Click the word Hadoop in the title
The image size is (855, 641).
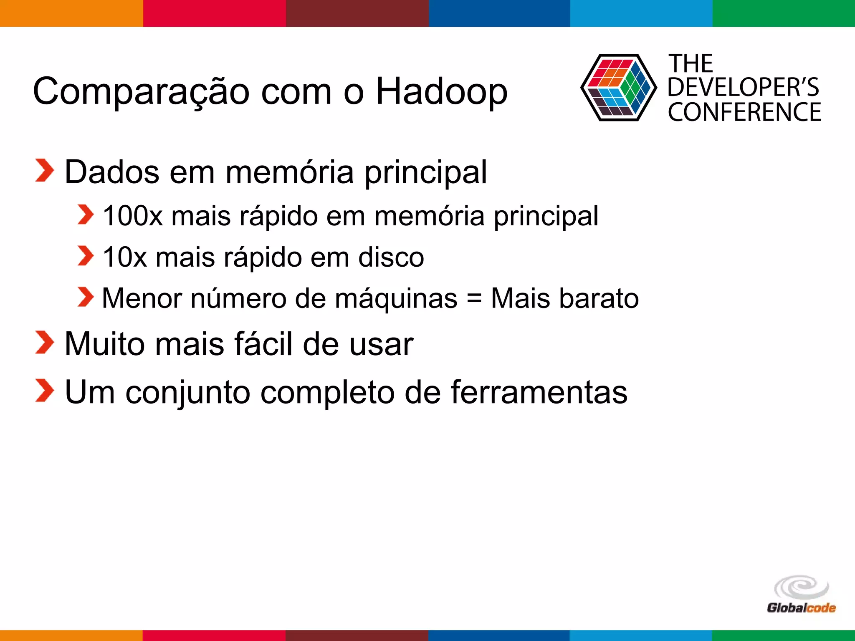pos(442,92)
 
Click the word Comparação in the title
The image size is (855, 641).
pos(141,92)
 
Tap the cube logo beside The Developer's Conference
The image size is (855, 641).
pos(618,88)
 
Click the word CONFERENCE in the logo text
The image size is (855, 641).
pos(744,112)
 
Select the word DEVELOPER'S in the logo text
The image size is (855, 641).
pos(744,87)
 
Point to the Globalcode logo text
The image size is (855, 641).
pos(801,608)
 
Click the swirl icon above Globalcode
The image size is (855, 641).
pos(801,587)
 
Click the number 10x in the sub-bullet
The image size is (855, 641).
pos(124,257)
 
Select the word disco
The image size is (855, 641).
pos(391,257)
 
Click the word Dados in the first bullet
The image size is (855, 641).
pos(112,172)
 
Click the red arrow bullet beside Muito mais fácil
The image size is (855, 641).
pos(44,343)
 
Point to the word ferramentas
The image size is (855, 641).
pos(539,392)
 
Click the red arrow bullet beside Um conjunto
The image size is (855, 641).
pos(44,391)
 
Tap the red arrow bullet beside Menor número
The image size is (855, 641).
pos(86,297)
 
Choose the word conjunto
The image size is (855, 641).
pos(187,393)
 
